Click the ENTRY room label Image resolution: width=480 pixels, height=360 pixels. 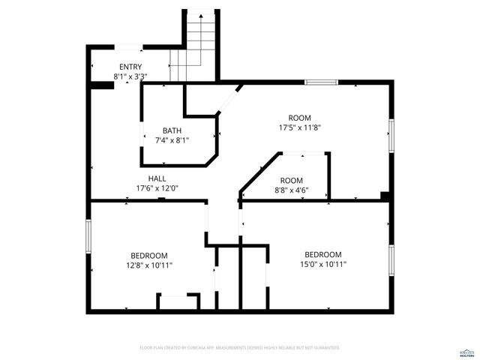point(130,67)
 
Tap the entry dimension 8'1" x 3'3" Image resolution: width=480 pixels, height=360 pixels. point(130,76)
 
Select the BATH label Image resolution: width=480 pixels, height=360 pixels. point(172,130)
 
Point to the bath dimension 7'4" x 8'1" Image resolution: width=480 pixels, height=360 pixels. point(172,140)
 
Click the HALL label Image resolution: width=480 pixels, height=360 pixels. point(157,178)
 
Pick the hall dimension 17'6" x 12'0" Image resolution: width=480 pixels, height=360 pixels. point(157,188)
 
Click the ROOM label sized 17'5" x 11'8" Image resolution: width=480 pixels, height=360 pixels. point(299,118)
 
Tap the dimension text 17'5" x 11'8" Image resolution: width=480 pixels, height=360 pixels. point(299,127)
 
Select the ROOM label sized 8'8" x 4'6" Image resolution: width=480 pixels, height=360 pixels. point(292,181)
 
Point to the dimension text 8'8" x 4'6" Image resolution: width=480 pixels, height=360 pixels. point(292,190)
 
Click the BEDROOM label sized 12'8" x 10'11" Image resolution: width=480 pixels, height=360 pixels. point(148,256)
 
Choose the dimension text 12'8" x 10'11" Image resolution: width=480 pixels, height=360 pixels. point(148,265)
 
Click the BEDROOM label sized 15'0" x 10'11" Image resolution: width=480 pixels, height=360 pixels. point(322,254)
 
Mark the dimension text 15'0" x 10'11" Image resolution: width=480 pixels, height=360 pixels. point(322,264)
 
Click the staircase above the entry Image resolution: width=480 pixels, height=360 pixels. point(200,45)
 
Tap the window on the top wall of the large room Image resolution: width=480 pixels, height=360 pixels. point(321,82)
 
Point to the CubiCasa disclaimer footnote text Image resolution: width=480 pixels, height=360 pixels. point(240,348)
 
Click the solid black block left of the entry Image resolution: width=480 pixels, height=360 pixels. point(100,85)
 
